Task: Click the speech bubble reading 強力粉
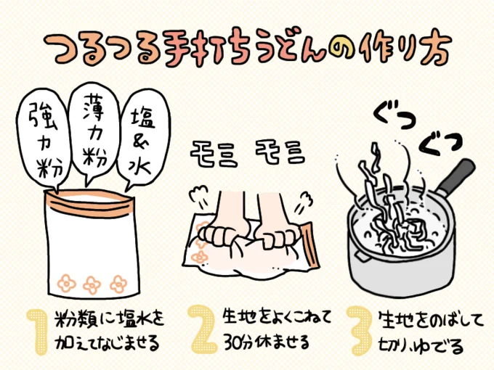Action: coord(44,139)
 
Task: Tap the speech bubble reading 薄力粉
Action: coord(94,132)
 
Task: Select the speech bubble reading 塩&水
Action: coord(143,139)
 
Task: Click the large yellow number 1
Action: coord(38,332)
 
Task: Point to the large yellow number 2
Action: coord(203,329)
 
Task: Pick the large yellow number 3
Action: coord(360,330)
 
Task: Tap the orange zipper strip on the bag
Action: coord(90,205)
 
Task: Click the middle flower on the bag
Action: coord(92,285)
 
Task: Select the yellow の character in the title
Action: coord(342,48)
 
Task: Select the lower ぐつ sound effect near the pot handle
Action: coord(440,144)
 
